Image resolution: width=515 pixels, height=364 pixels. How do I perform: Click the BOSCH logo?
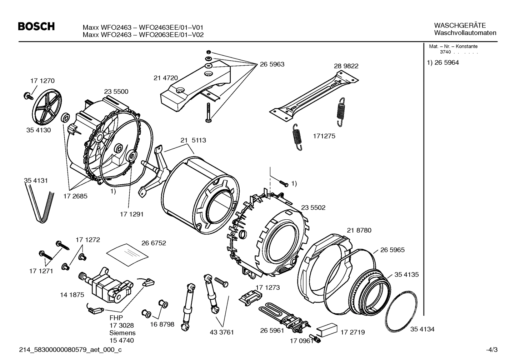[x=36, y=26]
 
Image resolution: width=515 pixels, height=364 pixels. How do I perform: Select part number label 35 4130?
[x=39, y=130]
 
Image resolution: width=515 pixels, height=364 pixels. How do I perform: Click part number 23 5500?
[x=116, y=91]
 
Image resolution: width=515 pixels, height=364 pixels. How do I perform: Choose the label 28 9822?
[x=346, y=66]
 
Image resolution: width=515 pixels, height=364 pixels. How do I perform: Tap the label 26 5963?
[x=272, y=64]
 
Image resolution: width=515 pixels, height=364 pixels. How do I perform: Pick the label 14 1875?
[x=72, y=295]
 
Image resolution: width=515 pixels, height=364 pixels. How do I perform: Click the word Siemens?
[x=122, y=333]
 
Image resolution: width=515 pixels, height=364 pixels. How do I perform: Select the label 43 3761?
[x=222, y=332]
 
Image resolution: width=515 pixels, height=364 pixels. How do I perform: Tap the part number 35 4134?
[x=422, y=329]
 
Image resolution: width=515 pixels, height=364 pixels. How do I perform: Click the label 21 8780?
[x=359, y=230]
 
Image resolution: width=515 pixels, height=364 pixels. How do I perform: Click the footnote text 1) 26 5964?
[x=443, y=63]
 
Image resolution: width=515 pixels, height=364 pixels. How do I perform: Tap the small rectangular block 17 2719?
[x=327, y=329]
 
